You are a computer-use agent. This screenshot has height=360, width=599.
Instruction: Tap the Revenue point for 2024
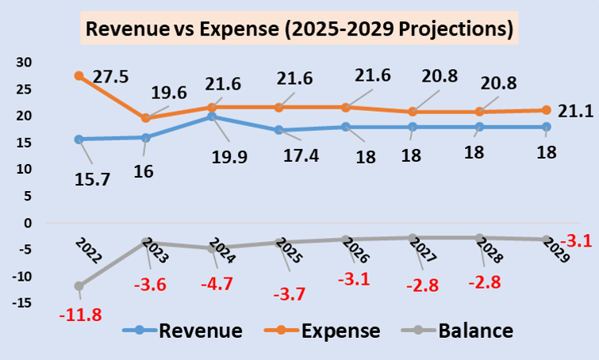tap(213, 117)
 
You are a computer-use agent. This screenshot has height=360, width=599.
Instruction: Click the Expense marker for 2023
tap(145, 118)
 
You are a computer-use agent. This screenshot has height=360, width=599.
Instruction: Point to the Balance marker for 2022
tap(79, 285)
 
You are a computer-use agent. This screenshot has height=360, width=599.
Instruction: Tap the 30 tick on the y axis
tap(23, 62)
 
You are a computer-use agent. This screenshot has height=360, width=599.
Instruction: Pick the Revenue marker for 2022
tap(79, 139)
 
